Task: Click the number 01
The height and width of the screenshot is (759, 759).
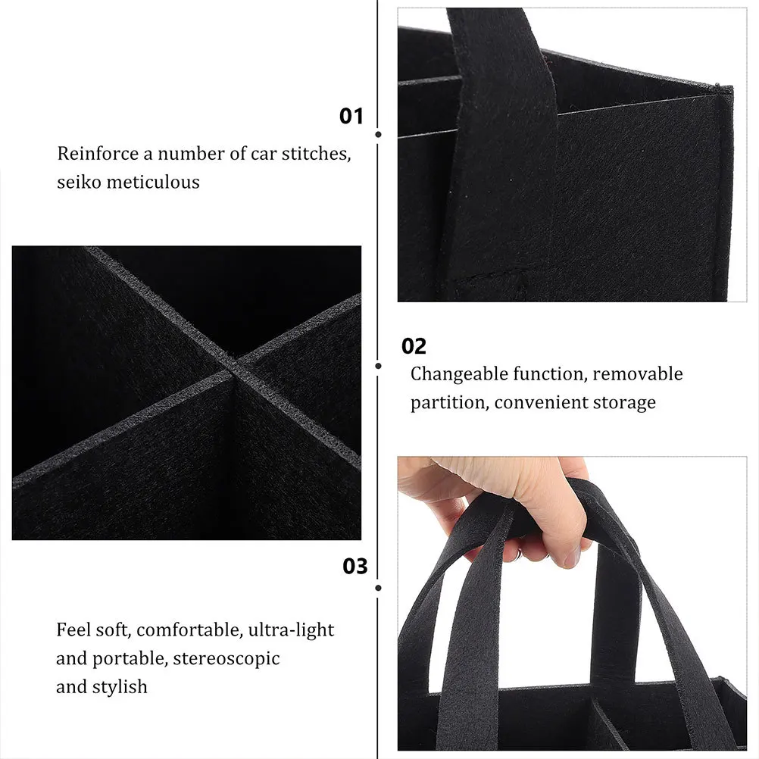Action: pyautogui.click(x=351, y=116)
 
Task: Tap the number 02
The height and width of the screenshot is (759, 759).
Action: pyautogui.click(x=414, y=346)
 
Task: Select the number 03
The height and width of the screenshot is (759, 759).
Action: pyautogui.click(x=355, y=567)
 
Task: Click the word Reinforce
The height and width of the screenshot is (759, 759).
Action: pyautogui.click(x=98, y=153)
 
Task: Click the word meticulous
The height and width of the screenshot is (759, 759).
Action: pyautogui.click(x=155, y=182)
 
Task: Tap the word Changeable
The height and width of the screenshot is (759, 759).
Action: pyautogui.click(x=459, y=374)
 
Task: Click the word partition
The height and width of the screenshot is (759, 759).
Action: pyautogui.click(x=448, y=403)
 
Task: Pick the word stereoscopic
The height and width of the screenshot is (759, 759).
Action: pyautogui.click(x=226, y=658)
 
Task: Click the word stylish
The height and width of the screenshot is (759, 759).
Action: pyautogui.click(x=120, y=687)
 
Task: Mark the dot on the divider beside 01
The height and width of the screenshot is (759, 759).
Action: pyautogui.click(x=378, y=134)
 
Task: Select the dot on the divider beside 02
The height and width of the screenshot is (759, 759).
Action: pyautogui.click(x=378, y=365)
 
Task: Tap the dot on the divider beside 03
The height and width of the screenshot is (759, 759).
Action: pyautogui.click(x=378, y=587)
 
